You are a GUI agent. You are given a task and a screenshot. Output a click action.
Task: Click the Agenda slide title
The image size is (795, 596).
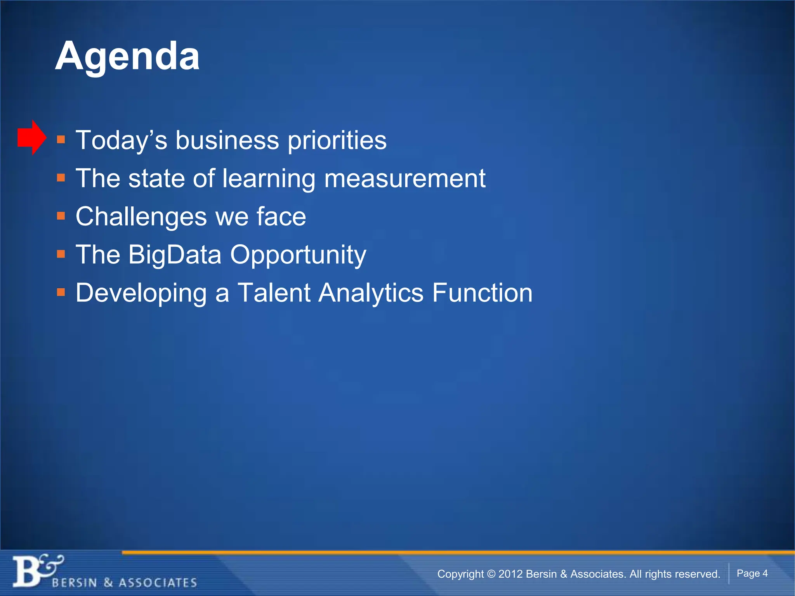pos(127,57)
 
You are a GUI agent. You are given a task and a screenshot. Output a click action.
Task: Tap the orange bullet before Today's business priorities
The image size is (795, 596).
pos(61,140)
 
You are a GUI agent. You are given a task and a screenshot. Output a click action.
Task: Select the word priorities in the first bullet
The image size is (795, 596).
pos(337,140)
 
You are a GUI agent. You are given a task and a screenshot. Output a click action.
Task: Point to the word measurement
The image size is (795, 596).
pos(404,179)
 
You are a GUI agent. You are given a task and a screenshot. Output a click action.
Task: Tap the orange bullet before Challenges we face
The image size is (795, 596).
pos(61,216)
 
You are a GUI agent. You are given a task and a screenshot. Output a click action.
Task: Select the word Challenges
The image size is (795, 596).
pos(141,217)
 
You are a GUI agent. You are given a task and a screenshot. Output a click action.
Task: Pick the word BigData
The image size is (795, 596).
pos(175,255)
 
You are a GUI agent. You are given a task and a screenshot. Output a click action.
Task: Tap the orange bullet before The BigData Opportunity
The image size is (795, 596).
pos(61,254)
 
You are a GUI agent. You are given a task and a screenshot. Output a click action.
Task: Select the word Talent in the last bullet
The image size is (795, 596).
pos(274,293)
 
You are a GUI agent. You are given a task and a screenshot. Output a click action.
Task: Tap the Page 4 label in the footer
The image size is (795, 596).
pos(752,573)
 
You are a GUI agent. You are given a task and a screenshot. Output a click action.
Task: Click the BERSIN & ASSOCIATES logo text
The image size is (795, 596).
pos(124,583)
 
